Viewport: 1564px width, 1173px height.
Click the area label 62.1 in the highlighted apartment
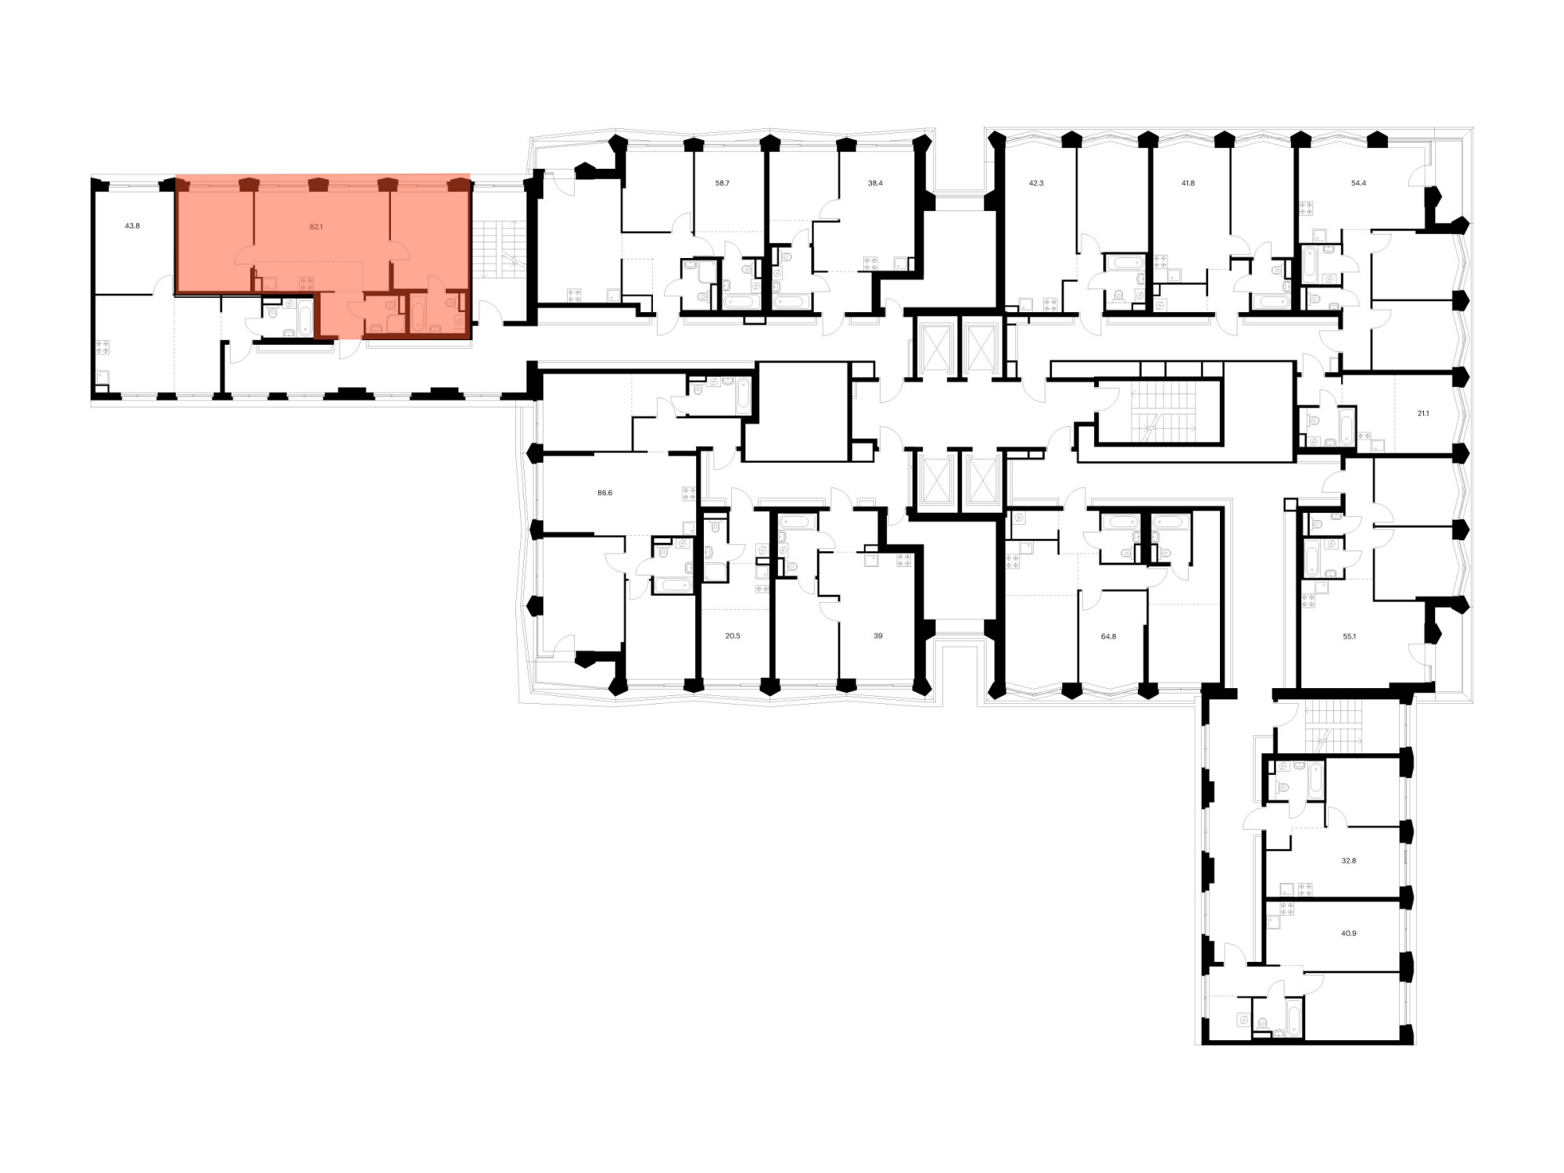(316, 227)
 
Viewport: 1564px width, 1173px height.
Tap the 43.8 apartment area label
(132, 226)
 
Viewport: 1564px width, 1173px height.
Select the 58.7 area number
(722, 183)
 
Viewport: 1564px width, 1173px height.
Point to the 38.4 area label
(875, 183)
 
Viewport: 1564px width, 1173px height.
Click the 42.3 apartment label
(1035, 183)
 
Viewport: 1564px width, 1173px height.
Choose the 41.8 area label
(1188, 183)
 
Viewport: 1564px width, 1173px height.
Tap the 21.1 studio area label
(1423, 414)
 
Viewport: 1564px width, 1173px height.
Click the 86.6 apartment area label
(604, 493)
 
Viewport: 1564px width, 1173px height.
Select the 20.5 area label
(732, 636)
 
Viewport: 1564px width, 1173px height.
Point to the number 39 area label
(878, 636)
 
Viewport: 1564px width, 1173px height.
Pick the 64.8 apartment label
(1108, 637)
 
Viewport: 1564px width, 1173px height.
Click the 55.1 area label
(1349, 637)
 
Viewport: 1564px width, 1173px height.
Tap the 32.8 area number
(1348, 860)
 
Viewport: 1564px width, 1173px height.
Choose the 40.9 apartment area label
(1348, 933)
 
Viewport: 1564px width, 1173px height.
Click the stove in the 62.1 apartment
(306, 283)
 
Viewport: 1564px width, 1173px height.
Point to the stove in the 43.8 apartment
(102, 346)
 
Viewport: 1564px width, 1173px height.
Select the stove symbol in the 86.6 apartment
(689, 493)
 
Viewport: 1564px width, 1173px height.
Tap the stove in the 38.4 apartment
(870, 264)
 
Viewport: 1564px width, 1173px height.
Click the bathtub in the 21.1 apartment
(1347, 428)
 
